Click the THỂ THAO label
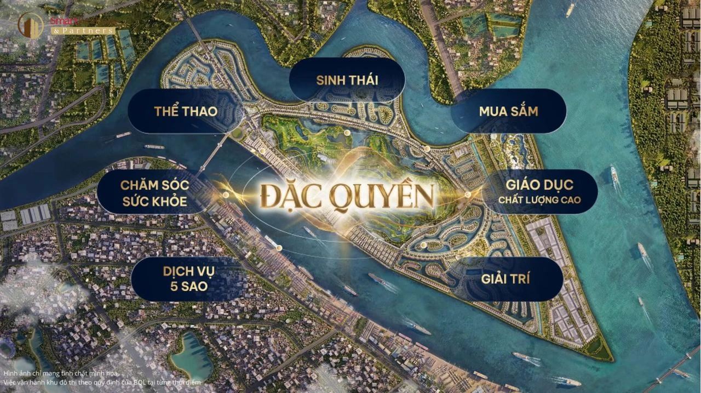[x=185, y=112]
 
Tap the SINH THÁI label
[x=347, y=80]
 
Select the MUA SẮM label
[x=508, y=112]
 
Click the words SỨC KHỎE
[x=154, y=201]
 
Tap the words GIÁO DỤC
[x=539, y=185]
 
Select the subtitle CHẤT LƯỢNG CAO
[x=539, y=201]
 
